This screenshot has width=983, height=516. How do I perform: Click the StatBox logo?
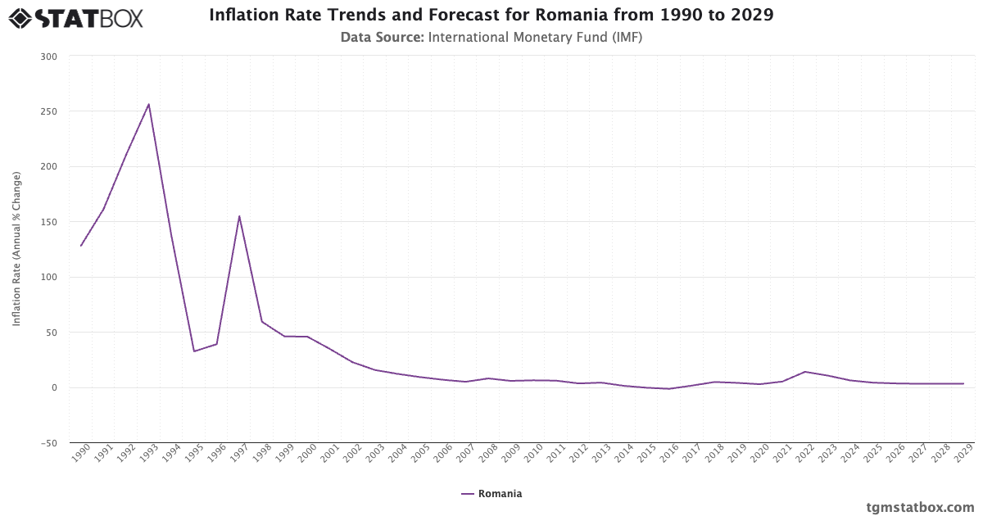pyautogui.click(x=76, y=18)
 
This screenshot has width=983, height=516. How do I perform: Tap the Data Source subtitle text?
pyautogui.click(x=491, y=37)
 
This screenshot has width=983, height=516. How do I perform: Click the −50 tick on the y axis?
pyautogui.click(x=48, y=443)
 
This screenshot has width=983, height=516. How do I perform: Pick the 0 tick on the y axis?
pyautogui.click(x=54, y=387)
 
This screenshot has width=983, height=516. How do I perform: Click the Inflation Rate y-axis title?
pyautogui.click(x=16, y=249)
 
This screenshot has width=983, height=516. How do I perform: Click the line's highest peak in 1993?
pyautogui.click(x=148, y=104)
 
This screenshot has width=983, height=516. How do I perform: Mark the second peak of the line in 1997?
pyautogui.click(x=239, y=216)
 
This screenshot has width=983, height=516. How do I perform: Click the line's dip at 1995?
pyautogui.click(x=194, y=351)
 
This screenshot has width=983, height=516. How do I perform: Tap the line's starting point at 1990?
pyautogui.click(x=81, y=246)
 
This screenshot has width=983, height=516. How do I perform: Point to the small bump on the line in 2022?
pyautogui.click(x=805, y=372)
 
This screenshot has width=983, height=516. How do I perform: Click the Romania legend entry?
pyautogui.click(x=491, y=494)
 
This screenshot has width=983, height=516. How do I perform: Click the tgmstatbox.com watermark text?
pyautogui.click(x=920, y=507)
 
